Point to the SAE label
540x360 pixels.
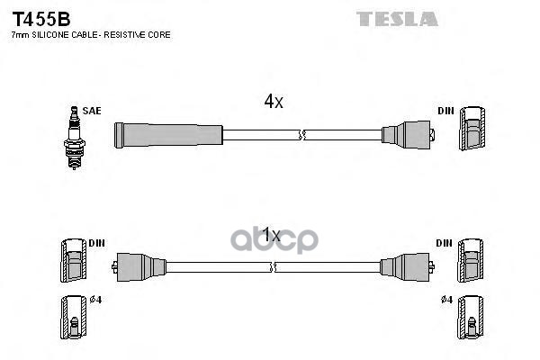[x=92, y=111]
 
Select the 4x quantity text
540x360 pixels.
[x=274, y=103]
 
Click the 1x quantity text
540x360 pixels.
[x=271, y=236]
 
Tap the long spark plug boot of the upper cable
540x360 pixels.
[x=167, y=135]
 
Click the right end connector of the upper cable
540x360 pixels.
[x=407, y=136]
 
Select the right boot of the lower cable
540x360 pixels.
[x=404, y=266]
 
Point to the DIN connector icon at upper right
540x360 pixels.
[x=472, y=131]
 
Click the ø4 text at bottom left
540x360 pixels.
[x=96, y=301]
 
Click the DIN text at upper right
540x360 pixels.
[x=445, y=111]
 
